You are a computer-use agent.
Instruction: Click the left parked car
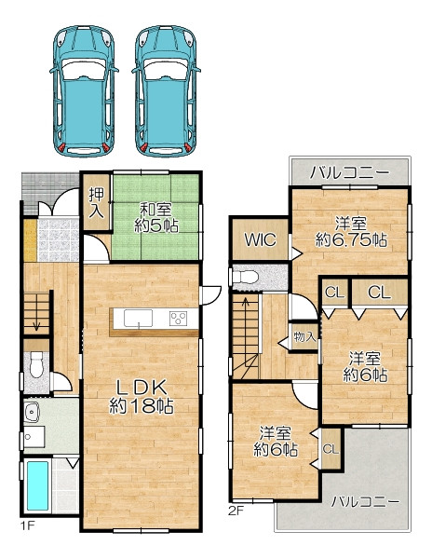tap(84, 91)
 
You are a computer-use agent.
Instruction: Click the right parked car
tap(166, 91)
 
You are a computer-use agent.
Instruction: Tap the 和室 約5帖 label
tap(156, 217)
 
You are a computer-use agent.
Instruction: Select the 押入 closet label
tap(96, 202)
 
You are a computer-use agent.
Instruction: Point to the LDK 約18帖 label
tap(142, 397)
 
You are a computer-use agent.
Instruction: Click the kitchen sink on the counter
tap(138, 318)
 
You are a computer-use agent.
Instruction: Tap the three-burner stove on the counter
tap(178, 318)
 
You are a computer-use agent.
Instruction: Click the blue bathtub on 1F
tap(38, 486)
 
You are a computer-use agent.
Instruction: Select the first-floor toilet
tap(36, 364)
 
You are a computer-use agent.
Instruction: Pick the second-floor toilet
tap(245, 277)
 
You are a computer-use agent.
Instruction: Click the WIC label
tap(260, 239)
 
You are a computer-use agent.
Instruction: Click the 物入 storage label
tap(304, 336)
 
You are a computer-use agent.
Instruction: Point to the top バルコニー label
tap(349, 173)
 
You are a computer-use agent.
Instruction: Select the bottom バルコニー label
tap(365, 502)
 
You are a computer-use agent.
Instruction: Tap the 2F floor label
tap(236, 511)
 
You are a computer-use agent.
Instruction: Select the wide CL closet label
tap(379, 293)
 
